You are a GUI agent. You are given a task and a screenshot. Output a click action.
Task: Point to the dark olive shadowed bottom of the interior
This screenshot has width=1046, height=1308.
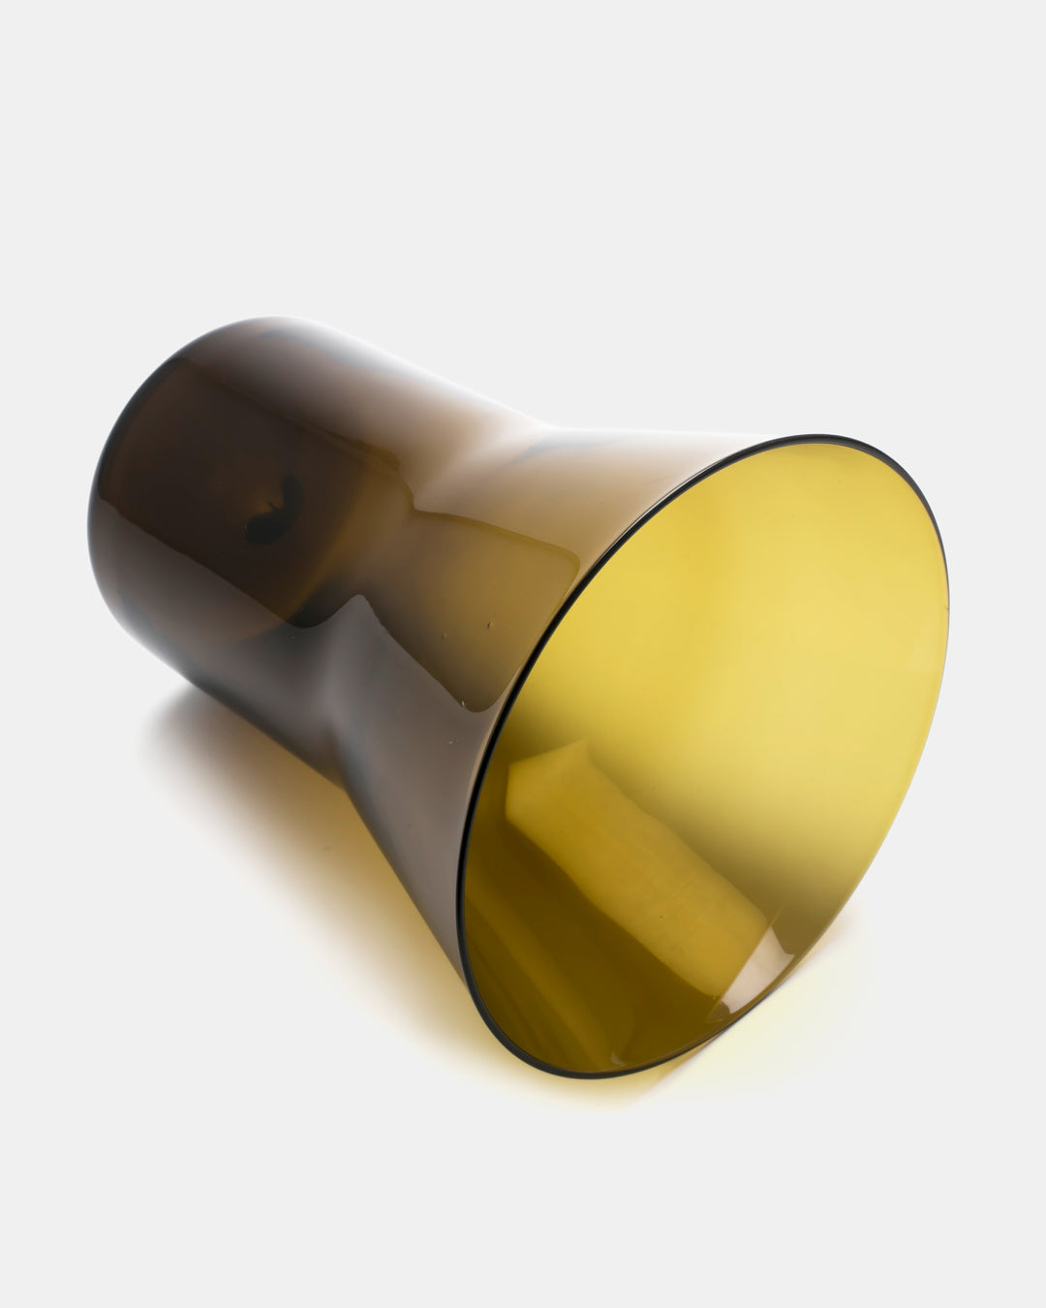pyautogui.click(x=542, y=988)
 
